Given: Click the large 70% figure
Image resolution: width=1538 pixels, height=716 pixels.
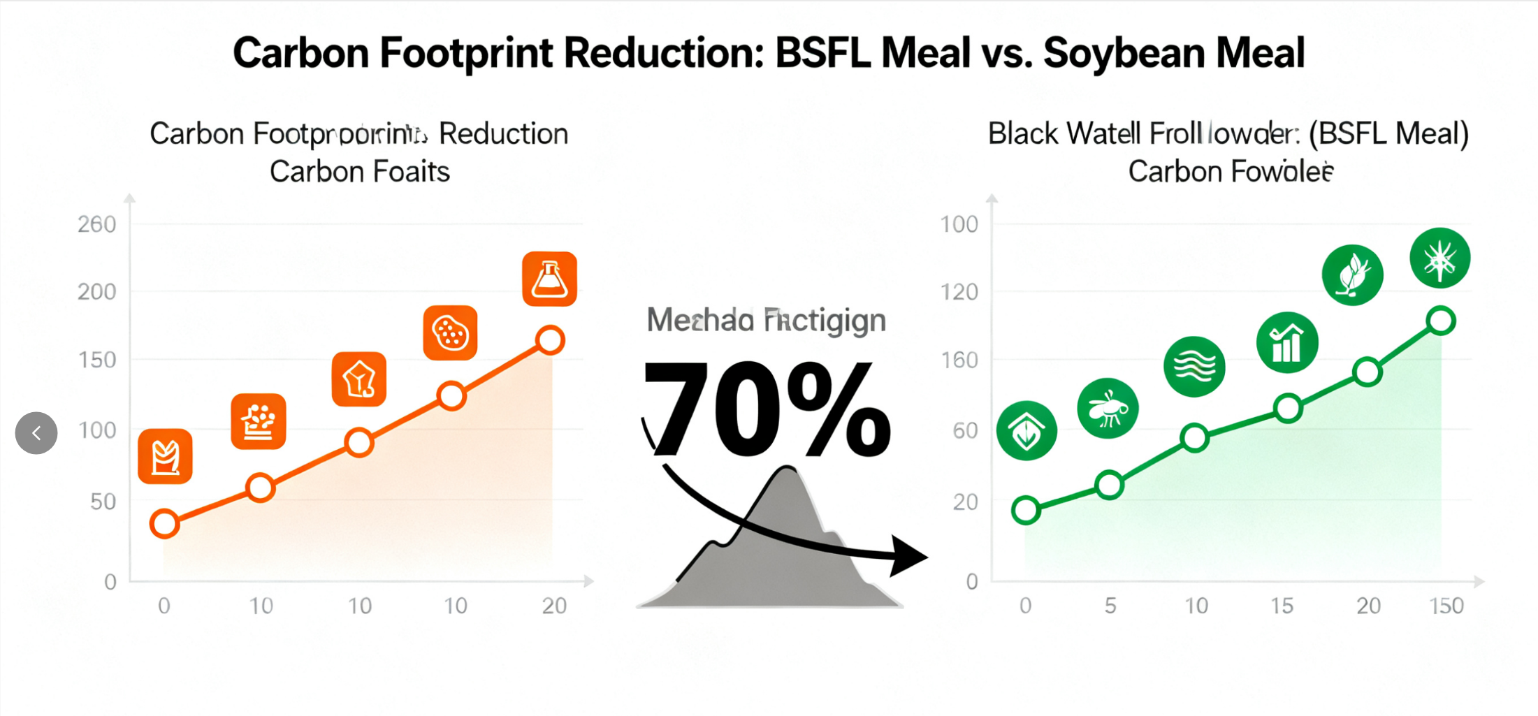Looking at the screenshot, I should pyautogui.click(x=766, y=409).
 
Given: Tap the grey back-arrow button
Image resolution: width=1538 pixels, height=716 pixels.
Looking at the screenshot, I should pyautogui.click(x=36, y=433).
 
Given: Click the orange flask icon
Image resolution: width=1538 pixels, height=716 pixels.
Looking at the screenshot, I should pyautogui.click(x=549, y=279).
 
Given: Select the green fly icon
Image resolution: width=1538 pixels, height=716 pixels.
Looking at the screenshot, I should pyautogui.click(x=1108, y=409).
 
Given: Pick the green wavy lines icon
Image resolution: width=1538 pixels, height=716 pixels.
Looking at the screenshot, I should pyautogui.click(x=1194, y=366).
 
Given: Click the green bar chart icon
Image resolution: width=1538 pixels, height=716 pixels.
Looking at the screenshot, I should pyautogui.click(x=1287, y=342).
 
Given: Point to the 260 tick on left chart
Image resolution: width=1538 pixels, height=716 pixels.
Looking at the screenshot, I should pyautogui.click(x=96, y=224).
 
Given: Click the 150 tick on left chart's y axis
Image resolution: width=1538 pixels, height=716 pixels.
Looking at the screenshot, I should pyautogui.click(x=96, y=360).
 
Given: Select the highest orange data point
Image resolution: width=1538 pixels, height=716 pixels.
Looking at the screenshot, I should pyautogui.click(x=551, y=340).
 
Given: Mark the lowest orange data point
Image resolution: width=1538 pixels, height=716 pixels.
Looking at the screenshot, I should pyautogui.click(x=165, y=523).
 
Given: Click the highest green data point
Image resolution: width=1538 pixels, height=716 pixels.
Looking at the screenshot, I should pyautogui.click(x=1441, y=321).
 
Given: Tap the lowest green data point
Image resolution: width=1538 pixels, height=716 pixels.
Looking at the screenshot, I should pyautogui.click(x=1026, y=510).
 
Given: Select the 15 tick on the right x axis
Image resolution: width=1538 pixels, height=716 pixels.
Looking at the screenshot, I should pyautogui.click(x=1282, y=606).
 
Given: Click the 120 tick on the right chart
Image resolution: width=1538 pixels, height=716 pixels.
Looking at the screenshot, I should pyautogui.click(x=959, y=292).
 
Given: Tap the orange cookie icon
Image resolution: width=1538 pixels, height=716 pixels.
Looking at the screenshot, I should pyautogui.click(x=450, y=333).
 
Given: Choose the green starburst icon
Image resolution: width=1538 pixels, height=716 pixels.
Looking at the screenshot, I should pyautogui.click(x=1439, y=258).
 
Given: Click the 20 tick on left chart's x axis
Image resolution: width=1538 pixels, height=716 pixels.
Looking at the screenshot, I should pyautogui.click(x=554, y=606).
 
